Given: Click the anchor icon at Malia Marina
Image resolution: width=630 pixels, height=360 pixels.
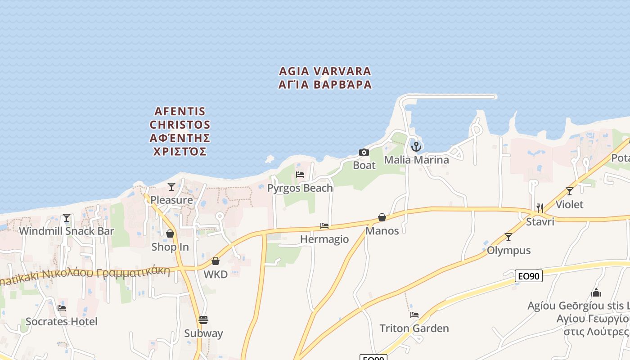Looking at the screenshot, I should pyautogui.click(x=416, y=146).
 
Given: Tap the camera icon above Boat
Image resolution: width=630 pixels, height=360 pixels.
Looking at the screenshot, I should pyautogui.click(x=364, y=152).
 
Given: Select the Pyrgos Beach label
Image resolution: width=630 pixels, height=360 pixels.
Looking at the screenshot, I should pyautogui.click(x=300, y=188).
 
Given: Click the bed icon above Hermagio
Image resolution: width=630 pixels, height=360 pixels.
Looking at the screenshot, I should pyautogui.click(x=324, y=225).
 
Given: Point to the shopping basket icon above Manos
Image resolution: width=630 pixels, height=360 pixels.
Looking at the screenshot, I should pyautogui.click(x=382, y=218).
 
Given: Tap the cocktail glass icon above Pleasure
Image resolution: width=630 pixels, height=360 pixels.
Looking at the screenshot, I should pyautogui.click(x=171, y=186).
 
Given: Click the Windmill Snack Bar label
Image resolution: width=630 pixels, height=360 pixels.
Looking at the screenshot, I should pyautogui.click(x=67, y=231).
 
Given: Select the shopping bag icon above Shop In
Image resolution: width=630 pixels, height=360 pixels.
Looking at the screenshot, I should pyautogui.click(x=170, y=234).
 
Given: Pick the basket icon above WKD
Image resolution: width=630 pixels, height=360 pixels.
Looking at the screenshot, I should pyautogui.click(x=216, y=261).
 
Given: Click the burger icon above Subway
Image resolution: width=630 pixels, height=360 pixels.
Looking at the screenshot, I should pyautogui.click(x=203, y=320).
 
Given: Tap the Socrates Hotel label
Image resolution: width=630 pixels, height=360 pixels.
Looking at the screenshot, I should pyautogui.click(x=62, y=321).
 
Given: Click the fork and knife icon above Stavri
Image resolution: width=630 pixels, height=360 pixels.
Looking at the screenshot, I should pyautogui.click(x=540, y=208).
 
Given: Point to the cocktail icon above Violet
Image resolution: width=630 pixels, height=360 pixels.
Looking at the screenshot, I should pyautogui.click(x=570, y=191).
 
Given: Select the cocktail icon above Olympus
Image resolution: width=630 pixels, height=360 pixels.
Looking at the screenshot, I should pyautogui.click(x=508, y=237).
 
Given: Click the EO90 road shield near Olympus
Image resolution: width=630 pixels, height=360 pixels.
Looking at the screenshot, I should pyautogui.click(x=529, y=276).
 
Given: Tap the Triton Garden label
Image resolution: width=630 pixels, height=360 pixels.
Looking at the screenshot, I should pyautogui.click(x=414, y=328).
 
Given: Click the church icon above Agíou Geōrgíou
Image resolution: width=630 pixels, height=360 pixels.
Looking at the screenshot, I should pyautogui.click(x=597, y=293).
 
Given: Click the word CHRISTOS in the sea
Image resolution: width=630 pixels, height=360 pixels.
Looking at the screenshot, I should pyautogui.click(x=180, y=124).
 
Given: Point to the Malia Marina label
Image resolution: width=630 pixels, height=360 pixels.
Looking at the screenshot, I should pyautogui.click(x=416, y=160).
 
